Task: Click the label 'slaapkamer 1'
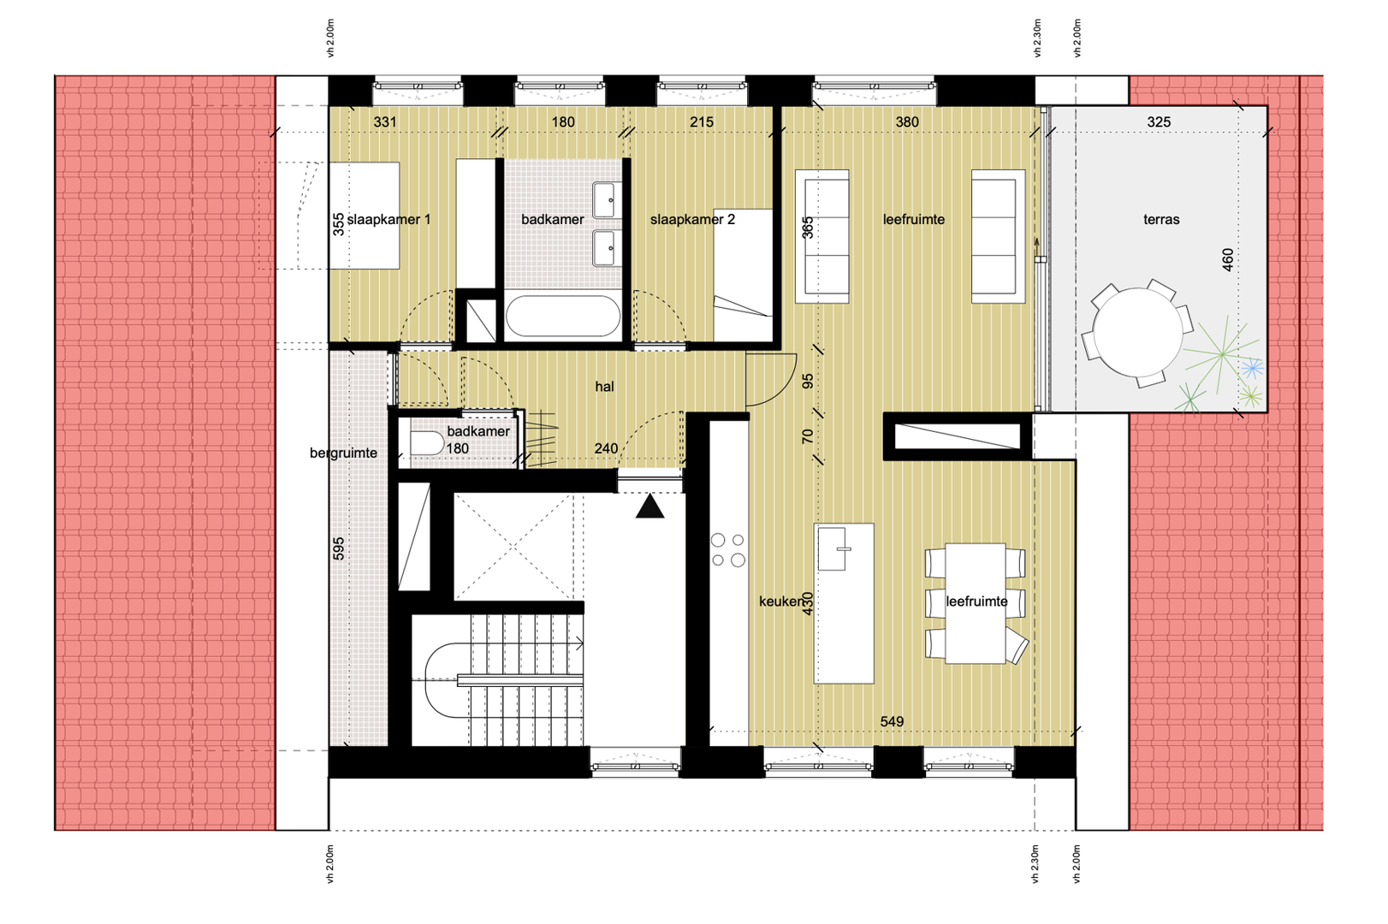[389, 219]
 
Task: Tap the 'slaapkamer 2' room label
[692, 219]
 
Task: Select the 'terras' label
[1161, 219]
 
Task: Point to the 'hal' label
[604, 387]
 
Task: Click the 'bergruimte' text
[343, 453]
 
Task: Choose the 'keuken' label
[781, 601]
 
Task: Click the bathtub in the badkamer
[562, 316]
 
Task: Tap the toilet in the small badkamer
[426, 444]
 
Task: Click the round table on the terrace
[1137, 332]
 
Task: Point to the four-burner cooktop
[727, 550]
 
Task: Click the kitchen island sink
[832, 548]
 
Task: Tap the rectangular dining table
[976, 604]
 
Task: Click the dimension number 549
[892, 721]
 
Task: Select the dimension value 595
[338, 548]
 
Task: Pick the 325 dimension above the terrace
[1159, 122]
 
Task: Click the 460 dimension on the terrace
[1227, 260]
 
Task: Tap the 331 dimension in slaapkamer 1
[385, 122]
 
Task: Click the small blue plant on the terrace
[1252, 370]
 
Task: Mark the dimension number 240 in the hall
[605, 448]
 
